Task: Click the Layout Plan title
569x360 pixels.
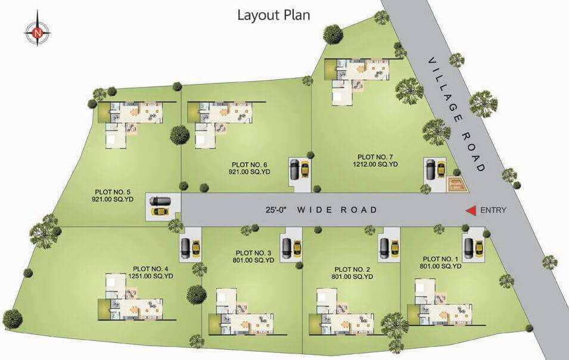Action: coord(273,16)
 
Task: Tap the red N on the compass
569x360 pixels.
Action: coord(38,33)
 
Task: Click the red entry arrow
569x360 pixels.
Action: coord(471,211)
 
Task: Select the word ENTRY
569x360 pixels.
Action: coord(493,210)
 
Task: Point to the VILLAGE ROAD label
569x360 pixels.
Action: coord(457,114)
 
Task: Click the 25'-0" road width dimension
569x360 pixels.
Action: coord(276,210)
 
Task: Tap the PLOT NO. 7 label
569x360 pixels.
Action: coord(375,157)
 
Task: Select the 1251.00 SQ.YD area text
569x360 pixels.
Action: coord(151,276)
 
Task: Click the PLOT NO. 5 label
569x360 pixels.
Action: coord(113,192)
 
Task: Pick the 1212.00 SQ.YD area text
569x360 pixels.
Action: coord(375,164)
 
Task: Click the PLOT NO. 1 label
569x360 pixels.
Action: coord(440,259)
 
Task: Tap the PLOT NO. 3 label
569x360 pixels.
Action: coord(253,253)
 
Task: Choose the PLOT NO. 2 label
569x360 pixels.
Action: coord(352,269)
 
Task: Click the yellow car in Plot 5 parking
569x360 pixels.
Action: coord(160,212)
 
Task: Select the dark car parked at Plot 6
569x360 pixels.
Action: coord(294,169)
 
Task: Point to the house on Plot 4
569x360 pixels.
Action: coord(130,297)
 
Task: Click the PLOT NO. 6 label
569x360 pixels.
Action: coord(249,165)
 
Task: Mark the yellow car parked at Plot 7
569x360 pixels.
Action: coord(441,169)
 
